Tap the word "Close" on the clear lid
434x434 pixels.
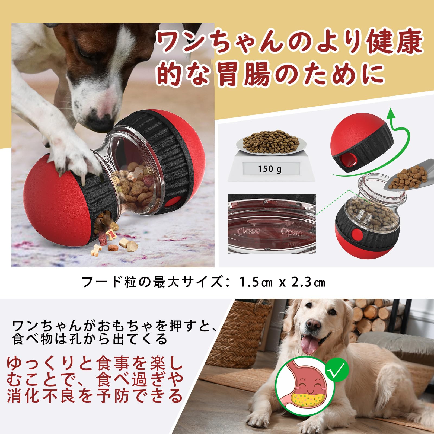pyautogui.click(x=248, y=231)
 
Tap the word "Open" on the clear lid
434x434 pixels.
pyautogui.click(x=292, y=232)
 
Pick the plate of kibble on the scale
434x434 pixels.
pyautogui.click(x=271, y=144)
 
